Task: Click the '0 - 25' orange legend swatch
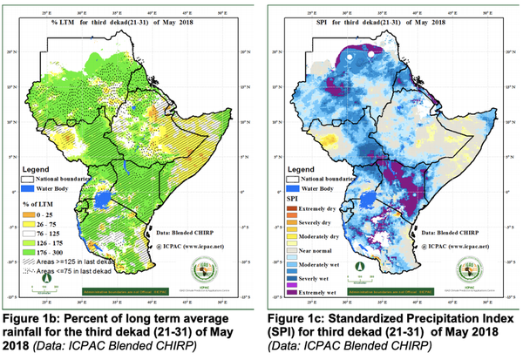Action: pyautogui.click(x=30, y=215)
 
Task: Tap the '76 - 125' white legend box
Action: pyautogui.click(x=30, y=234)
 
